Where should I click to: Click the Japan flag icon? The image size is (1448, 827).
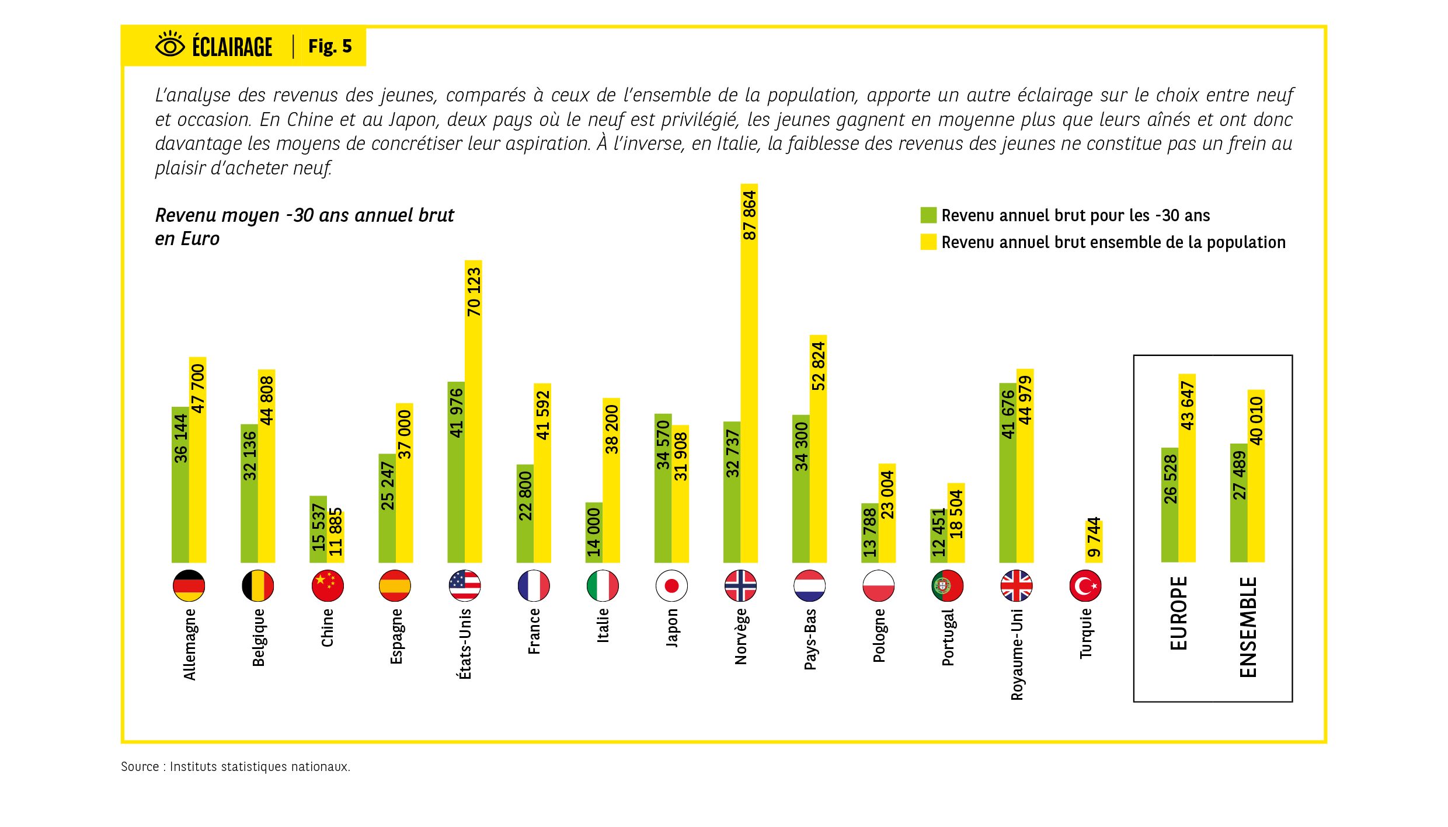pos(671,585)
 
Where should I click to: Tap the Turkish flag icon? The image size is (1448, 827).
pos(1085,585)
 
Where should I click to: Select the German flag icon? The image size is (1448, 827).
pos(189,585)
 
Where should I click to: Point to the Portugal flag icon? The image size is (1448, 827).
pos(947,585)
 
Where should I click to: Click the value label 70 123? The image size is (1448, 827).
pos(474,292)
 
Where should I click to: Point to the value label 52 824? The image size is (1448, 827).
pos(818,366)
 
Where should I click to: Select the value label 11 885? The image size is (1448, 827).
pos(335,532)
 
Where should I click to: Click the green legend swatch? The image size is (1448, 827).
pos(928,215)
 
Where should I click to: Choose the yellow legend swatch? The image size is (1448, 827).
pos(928,242)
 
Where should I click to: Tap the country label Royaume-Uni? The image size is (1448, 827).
pos(1017,654)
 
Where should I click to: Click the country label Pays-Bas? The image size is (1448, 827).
pos(810,639)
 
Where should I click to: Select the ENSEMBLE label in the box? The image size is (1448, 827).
pos(1248,627)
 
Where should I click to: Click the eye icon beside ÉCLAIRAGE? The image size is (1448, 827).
pos(170,44)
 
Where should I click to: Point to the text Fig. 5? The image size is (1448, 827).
pos(330,46)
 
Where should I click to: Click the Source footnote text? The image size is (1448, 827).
pos(235,766)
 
